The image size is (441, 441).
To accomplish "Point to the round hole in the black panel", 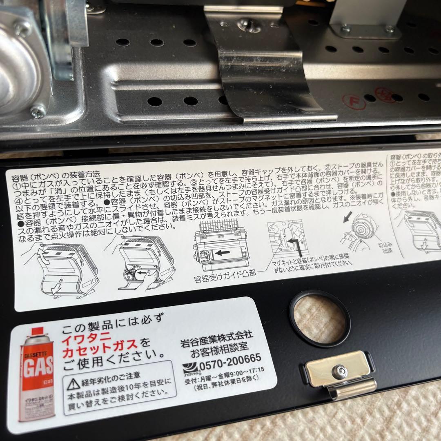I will click(x=319, y=318).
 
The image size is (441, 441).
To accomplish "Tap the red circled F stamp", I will click(x=351, y=99).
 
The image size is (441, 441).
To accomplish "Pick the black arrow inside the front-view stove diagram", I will click(x=222, y=253).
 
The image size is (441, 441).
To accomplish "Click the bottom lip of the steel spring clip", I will click(x=286, y=118).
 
